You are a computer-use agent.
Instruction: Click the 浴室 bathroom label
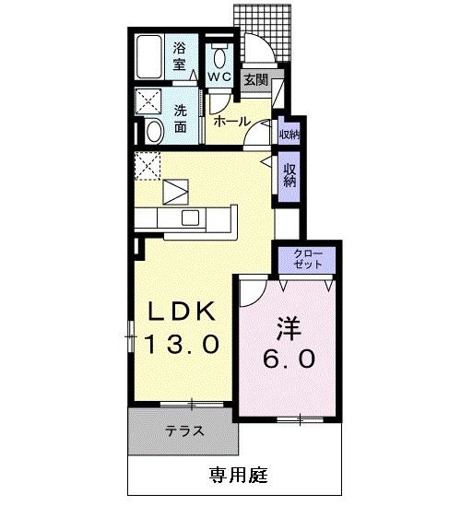[x=179, y=56]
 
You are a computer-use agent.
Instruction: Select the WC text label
[x=219, y=76]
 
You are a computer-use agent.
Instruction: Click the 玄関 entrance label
[x=254, y=81]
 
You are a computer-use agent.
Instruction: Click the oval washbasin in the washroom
[x=154, y=131]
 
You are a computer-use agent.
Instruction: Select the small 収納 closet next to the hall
[x=289, y=134]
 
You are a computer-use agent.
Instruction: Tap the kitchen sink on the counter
[x=191, y=218]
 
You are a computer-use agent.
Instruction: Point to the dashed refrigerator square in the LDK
[x=148, y=167]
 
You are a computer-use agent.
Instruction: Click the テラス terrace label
[x=184, y=430]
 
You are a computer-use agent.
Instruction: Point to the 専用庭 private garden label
[x=237, y=477]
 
